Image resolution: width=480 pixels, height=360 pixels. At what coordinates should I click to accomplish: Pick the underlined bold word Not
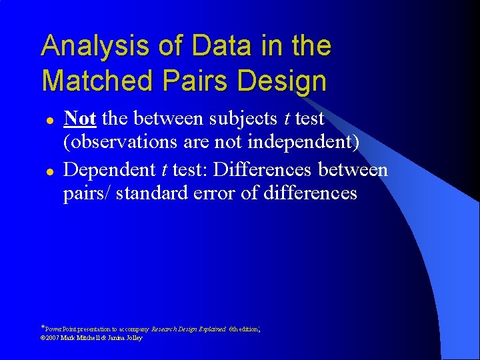point(79,119)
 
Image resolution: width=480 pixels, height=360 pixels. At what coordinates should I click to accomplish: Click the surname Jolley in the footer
point(133,338)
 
